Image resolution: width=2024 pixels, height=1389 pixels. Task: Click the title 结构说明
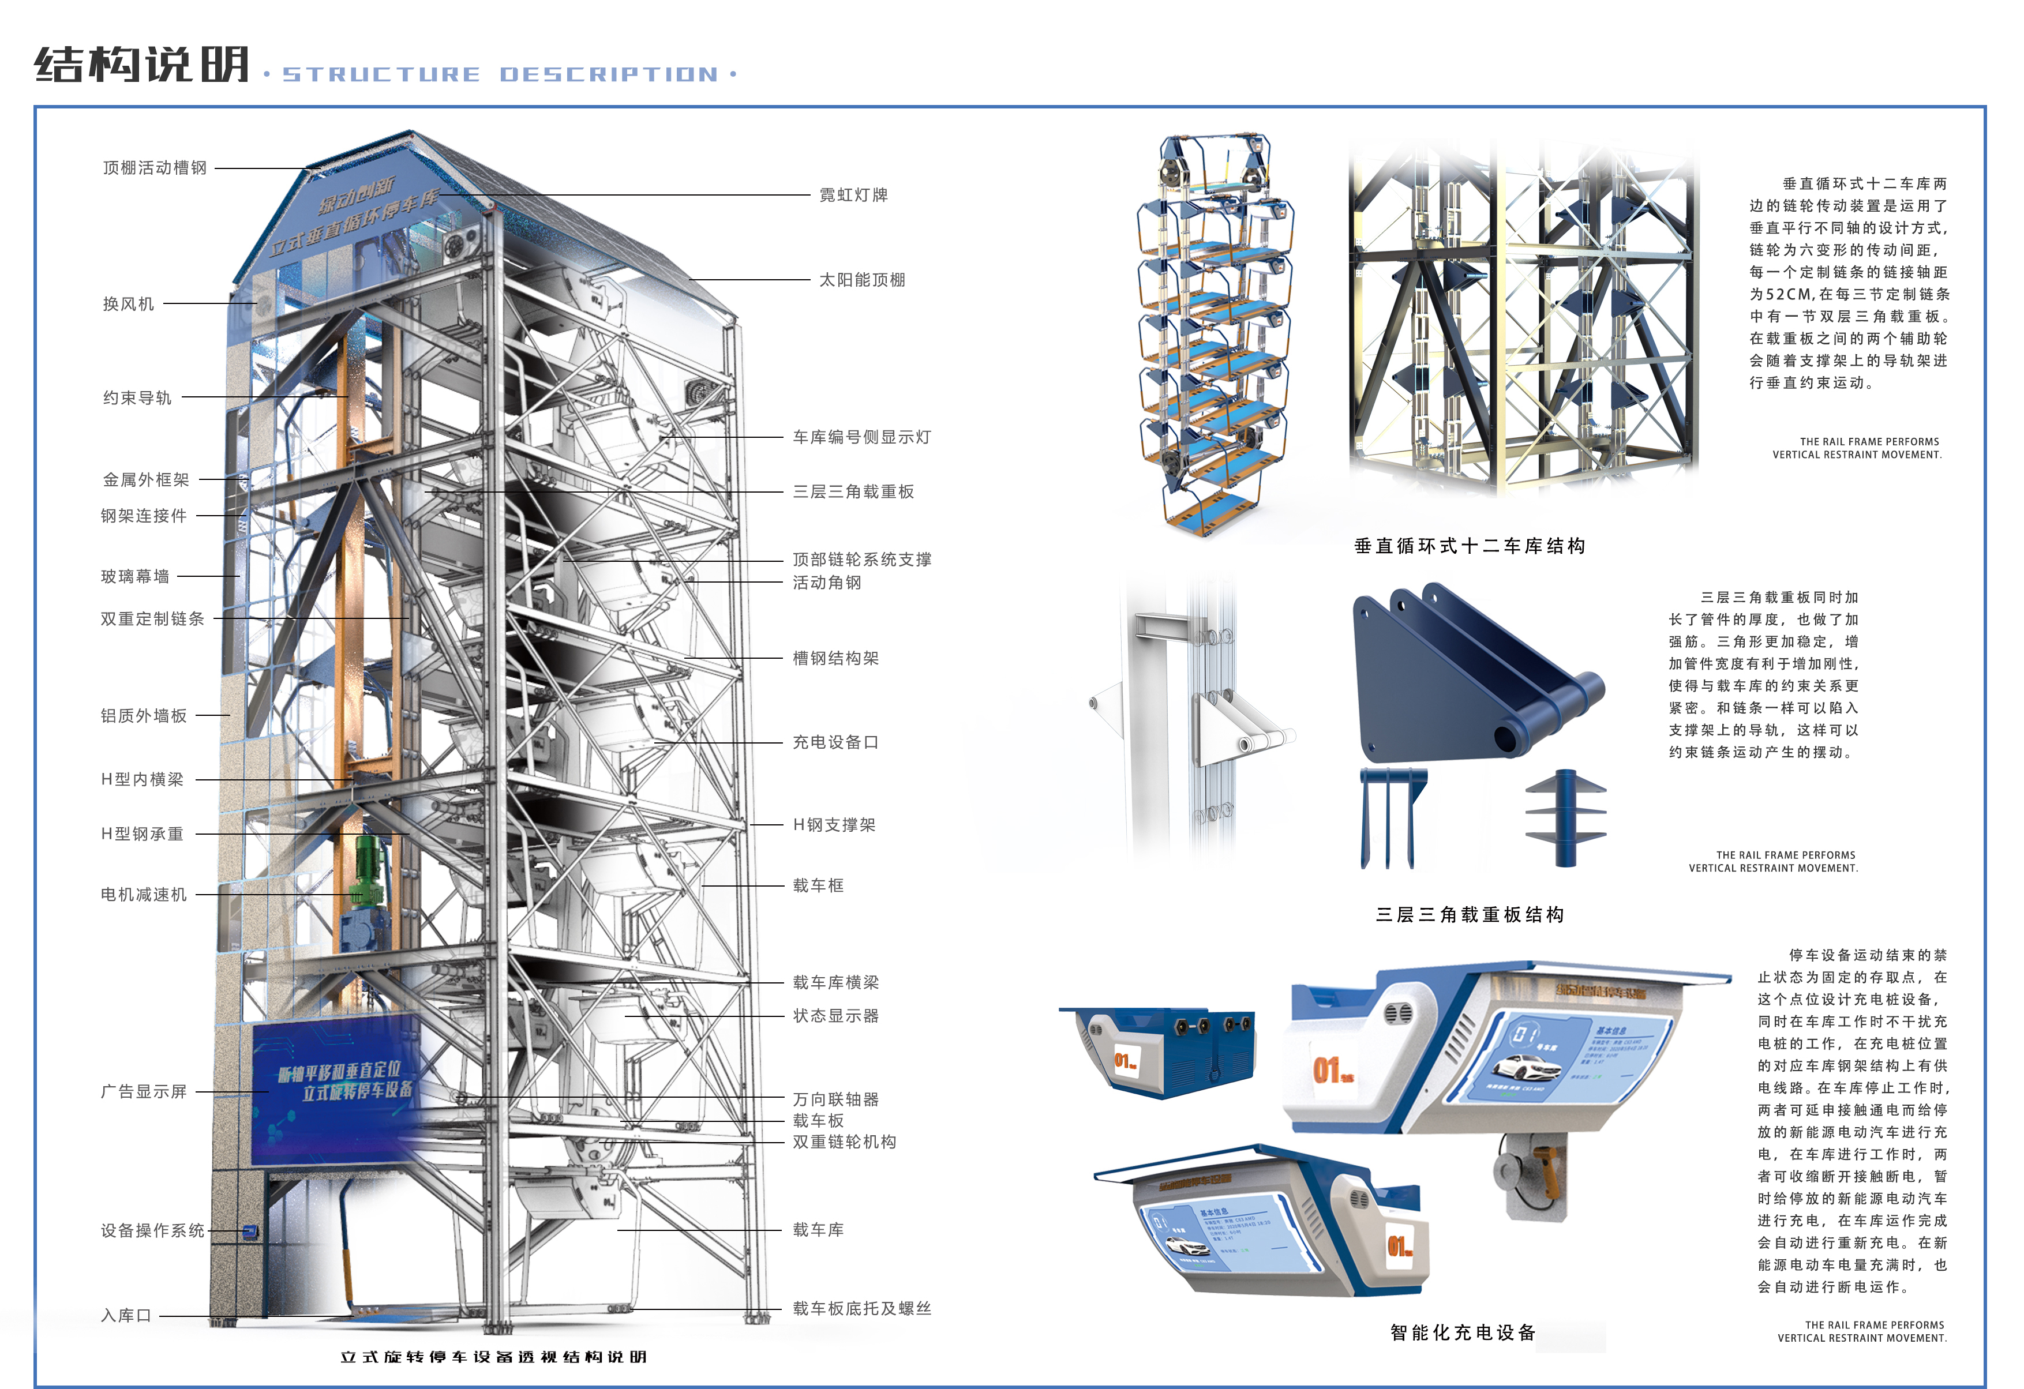coord(142,65)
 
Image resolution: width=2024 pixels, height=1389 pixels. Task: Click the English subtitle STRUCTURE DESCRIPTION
coord(501,75)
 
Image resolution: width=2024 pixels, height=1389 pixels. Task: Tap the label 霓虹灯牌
coord(853,195)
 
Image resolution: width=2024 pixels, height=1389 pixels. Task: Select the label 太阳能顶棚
coord(861,280)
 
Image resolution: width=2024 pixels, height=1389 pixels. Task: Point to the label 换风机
coord(128,304)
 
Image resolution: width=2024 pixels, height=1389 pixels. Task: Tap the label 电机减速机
coord(144,894)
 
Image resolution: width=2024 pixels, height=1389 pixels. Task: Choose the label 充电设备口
coord(835,742)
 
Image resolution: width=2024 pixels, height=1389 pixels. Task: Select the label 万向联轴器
coord(835,1099)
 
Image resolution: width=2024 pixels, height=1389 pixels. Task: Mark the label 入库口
coord(126,1315)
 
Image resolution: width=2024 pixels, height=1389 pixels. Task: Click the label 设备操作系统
coord(152,1230)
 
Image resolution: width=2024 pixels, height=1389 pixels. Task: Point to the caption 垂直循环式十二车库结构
coord(1469,546)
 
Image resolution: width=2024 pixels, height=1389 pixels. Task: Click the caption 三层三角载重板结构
coord(1469,914)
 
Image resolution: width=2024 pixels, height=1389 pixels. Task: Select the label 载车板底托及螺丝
coord(861,1308)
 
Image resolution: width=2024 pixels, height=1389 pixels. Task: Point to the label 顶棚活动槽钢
coord(155,168)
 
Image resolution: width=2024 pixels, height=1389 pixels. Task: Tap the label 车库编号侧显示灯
coord(861,437)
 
